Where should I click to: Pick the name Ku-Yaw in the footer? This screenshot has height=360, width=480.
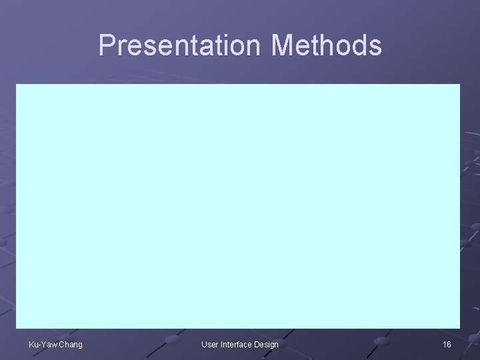[42, 344]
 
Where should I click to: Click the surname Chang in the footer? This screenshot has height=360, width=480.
[71, 344]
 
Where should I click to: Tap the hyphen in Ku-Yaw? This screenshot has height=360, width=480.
[38, 345]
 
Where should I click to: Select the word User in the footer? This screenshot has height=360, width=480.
[210, 344]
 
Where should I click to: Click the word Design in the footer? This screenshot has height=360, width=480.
[266, 344]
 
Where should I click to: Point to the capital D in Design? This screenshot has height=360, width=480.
[257, 344]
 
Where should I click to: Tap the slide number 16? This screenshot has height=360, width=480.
[447, 344]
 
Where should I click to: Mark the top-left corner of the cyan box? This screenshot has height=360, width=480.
[17, 85]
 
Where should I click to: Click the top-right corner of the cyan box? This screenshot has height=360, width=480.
[460, 85]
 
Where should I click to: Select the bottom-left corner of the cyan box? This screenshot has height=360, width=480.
[17, 328]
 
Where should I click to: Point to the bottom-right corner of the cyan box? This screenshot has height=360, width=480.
[460, 328]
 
